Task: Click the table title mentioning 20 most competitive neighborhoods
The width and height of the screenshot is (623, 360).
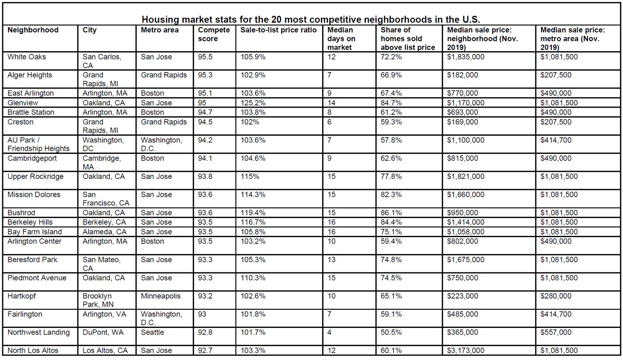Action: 311,20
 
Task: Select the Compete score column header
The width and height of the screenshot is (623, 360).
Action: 214,34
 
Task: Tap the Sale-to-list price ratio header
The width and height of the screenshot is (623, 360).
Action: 279,30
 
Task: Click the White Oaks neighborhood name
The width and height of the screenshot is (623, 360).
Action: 27,57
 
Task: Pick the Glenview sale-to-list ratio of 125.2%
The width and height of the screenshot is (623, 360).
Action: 253,103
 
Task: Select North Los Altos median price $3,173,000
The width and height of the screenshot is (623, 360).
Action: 465,350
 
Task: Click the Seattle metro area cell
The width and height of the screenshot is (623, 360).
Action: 152,332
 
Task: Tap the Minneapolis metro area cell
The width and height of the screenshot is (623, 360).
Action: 161,296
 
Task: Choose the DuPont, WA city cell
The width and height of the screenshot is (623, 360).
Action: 103,332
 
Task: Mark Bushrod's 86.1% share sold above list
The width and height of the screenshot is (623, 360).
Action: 391,213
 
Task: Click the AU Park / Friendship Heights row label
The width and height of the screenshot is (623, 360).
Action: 38,144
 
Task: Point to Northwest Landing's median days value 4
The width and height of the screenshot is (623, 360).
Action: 329,332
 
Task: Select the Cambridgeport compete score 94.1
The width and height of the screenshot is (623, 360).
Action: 205,158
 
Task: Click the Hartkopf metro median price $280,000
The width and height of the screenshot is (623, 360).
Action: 556,296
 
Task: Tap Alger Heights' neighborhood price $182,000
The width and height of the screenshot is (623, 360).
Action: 462,75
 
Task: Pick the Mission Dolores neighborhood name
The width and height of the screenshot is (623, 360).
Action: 34,194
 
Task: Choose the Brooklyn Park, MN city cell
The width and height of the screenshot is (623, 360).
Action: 98,300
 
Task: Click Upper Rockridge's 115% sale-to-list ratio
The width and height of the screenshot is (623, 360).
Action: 250,176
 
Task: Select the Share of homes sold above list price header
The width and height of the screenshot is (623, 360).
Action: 408,39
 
